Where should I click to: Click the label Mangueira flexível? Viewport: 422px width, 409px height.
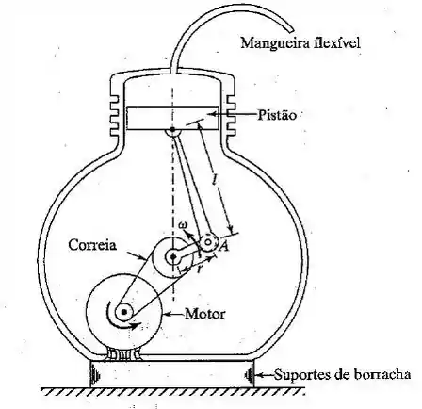[x=300, y=43]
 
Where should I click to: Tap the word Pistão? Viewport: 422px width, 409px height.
[x=277, y=115]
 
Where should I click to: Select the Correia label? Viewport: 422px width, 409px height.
[x=92, y=245]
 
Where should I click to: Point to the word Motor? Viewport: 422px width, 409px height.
[x=204, y=314]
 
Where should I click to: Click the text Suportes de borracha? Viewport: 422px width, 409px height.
[x=343, y=374]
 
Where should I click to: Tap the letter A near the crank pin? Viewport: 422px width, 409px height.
[x=224, y=247]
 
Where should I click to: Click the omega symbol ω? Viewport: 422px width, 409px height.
[x=183, y=225]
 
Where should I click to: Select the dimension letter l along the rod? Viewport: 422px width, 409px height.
[x=215, y=179]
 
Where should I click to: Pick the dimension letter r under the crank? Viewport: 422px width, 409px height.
[x=200, y=269]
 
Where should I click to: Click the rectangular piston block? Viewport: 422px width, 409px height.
[x=172, y=118]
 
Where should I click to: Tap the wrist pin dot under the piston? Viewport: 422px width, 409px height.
[x=172, y=130]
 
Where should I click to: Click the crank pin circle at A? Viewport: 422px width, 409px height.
[x=208, y=242]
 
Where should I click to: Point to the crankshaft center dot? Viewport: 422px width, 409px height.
[x=173, y=257]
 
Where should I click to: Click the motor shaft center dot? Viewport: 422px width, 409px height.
[x=124, y=312]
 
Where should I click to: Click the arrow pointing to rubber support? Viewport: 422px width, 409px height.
[x=266, y=374]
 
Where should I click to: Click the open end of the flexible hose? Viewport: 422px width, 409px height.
[x=290, y=30]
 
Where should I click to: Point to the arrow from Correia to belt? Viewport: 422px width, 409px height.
[x=137, y=255]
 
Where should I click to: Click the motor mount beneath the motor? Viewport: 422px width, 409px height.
[x=124, y=354]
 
